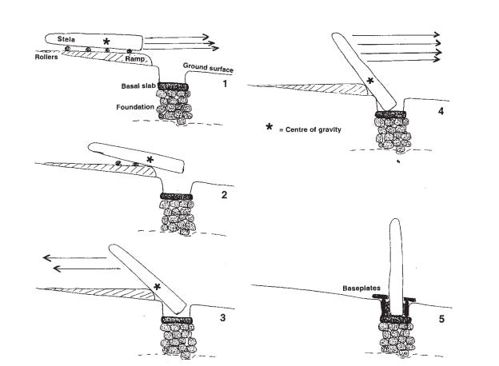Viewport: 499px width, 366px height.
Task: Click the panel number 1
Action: click(226, 83)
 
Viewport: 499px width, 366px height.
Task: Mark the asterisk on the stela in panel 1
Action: click(106, 41)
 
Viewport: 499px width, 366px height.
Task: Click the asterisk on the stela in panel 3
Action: click(157, 286)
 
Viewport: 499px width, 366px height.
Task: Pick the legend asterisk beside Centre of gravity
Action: click(270, 127)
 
